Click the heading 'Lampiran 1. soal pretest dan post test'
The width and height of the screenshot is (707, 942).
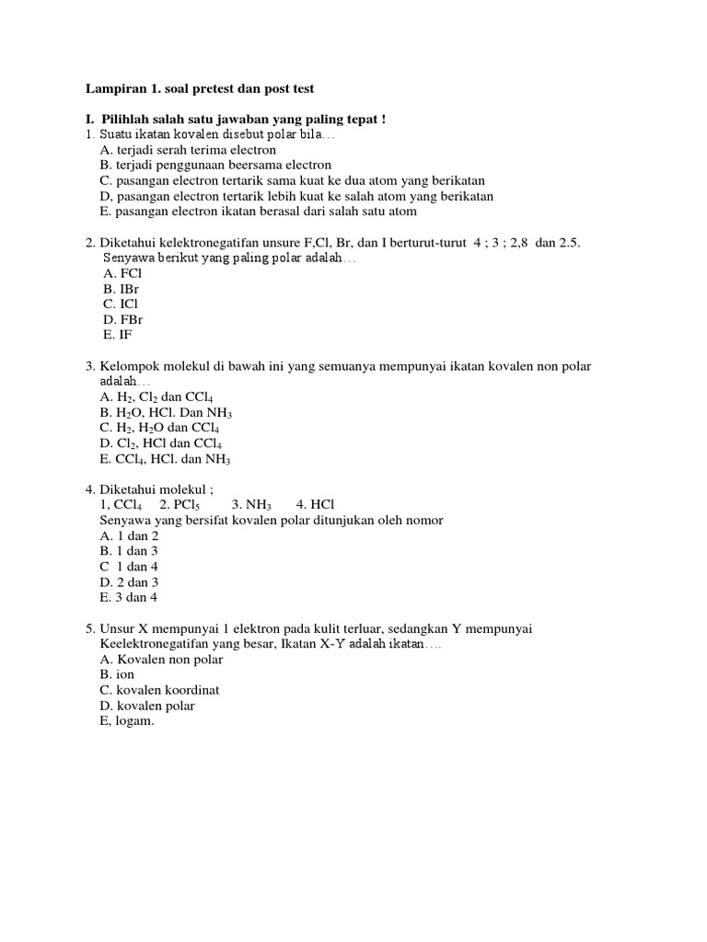tap(200, 88)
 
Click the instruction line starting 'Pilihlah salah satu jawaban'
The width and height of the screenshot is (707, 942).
tap(235, 119)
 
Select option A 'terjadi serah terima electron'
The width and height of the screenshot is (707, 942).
tap(188, 149)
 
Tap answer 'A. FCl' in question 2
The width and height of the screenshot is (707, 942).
tap(122, 273)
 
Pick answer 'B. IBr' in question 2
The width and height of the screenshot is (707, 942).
tap(121, 289)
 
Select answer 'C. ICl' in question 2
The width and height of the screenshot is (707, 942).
tap(121, 304)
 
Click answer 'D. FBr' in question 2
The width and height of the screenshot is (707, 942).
tap(123, 320)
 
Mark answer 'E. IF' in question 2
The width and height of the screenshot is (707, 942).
tap(117, 336)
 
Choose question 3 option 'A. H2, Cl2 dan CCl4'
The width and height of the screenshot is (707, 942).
tap(156, 397)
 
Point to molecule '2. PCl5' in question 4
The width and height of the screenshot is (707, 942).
tap(184, 505)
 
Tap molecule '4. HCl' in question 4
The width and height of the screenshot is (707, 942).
tap(316, 505)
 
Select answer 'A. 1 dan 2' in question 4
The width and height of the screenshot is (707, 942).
tap(129, 535)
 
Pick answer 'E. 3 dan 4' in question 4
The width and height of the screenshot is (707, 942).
tap(129, 597)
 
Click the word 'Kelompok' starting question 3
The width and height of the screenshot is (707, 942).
tap(127, 366)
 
